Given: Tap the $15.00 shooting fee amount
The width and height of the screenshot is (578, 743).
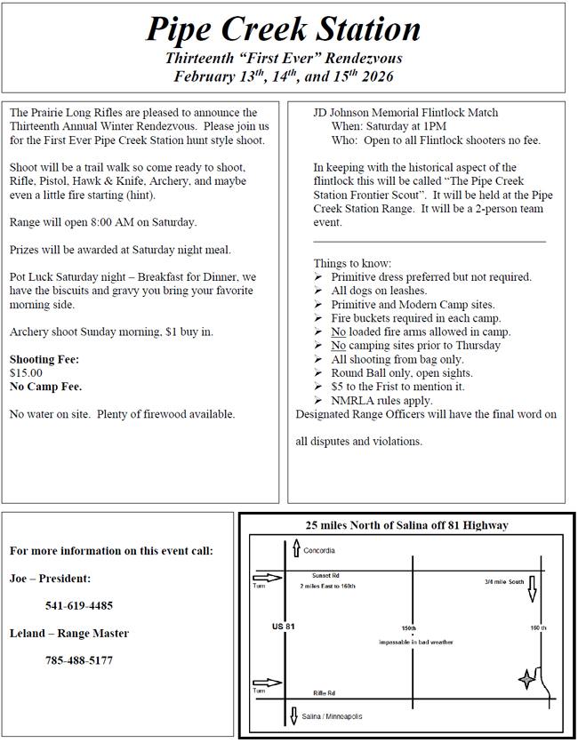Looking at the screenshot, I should coord(26,373).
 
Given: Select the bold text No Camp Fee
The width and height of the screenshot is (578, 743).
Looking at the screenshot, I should coord(45,387).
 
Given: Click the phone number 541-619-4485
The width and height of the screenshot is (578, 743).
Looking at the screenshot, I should coord(79,605).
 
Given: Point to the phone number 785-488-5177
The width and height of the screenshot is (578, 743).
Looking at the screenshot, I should coord(79,660).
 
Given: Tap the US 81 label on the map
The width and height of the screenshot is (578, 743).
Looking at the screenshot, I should coord(283,627).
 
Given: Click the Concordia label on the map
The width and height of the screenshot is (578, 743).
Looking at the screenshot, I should coord(319,551).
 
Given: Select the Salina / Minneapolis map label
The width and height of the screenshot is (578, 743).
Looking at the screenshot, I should coord(332,716).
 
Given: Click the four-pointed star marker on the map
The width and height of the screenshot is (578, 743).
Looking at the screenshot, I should coord(527,680).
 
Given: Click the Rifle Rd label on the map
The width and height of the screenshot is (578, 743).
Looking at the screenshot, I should coord(324,693).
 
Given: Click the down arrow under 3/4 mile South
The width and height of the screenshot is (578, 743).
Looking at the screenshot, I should coord(532,589).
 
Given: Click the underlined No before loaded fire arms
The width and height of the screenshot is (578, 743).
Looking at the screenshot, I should coord(338,332).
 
